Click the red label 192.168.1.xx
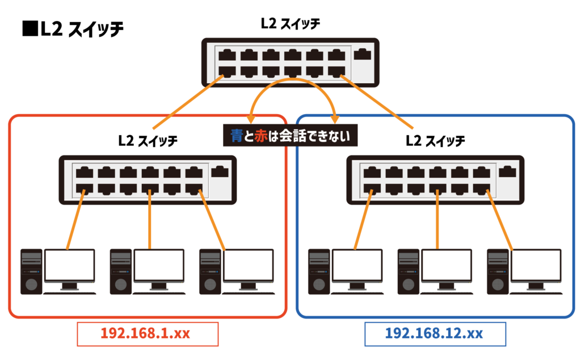[x=147, y=333]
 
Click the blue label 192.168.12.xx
[x=434, y=333]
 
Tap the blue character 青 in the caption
[x=237, y=136]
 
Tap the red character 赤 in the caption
[x=260, y=136]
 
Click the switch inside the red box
[x=147, y=179]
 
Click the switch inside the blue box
[x=434, y=179]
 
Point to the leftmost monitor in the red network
[x=69, y=265]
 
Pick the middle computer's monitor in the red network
[x=159, y=265]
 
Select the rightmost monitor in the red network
[x=248, y=265]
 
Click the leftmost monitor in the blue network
[x=357, y=265]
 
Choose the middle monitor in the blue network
[x=447, y=265]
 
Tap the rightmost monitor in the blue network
[x=536, y=265]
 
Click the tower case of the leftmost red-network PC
[x=31, y=271]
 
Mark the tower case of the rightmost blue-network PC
[x=498, y=271]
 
